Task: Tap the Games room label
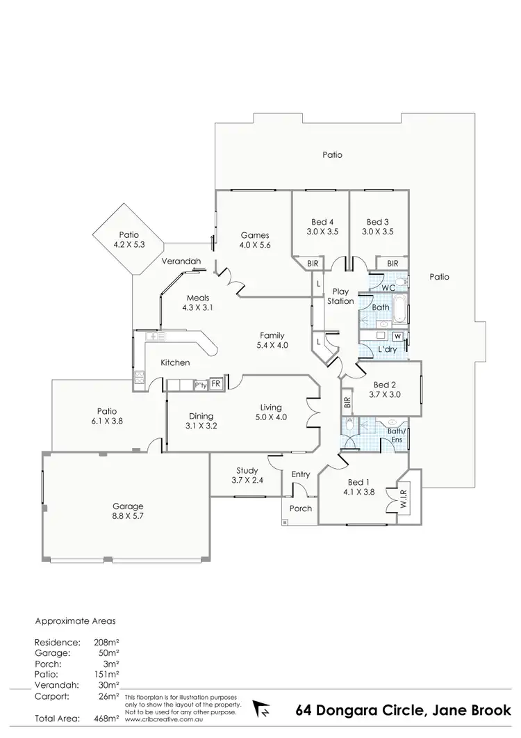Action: [x=254, y=235]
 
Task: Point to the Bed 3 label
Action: [x=379, y=223]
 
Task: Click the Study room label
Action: [x=247, y=470]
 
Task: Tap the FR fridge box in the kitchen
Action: [x=216, y=384]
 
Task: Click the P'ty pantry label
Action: [x=200, y=385]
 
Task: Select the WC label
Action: [x=388, y=287]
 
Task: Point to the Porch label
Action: [x=301, y=508]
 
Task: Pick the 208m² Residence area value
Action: [x=106, y=643]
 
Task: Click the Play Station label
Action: [x=341, y=296]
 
